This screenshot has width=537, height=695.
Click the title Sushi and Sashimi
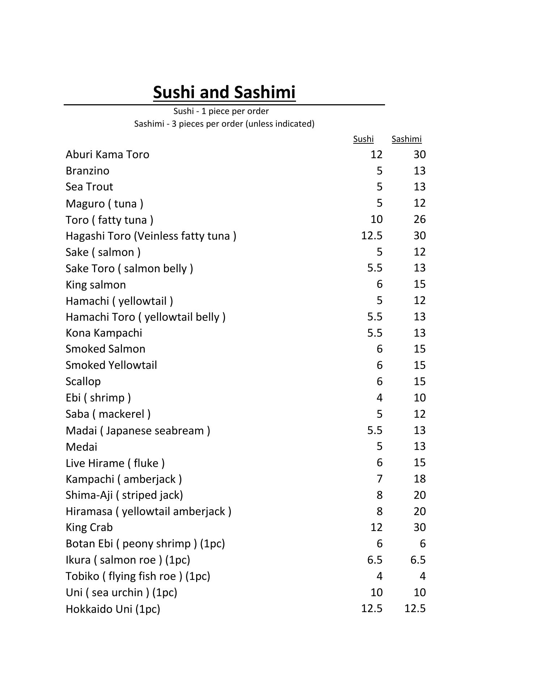[224, 92]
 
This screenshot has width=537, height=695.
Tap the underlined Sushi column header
[363, 139]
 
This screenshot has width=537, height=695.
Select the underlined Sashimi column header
[406, 139]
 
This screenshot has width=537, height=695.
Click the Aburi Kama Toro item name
[107, 155]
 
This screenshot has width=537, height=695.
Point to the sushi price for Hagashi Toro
[372, 236]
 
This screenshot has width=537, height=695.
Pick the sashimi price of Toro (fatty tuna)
[419, 219]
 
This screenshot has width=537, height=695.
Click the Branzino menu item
[88, 171]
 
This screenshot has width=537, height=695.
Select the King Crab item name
[89, 527]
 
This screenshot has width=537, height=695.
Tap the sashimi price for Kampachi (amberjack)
[419, 479]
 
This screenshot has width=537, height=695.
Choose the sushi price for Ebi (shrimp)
[379, 398]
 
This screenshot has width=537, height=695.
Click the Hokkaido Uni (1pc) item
[113, 609]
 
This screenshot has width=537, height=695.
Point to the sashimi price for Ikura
[418, 560]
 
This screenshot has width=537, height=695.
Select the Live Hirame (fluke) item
[115, 463]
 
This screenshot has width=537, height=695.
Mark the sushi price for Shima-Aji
[379, 495]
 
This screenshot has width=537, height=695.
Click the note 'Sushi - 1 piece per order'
[221, 111]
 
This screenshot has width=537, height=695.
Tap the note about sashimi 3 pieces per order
[224, 124]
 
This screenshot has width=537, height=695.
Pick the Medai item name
[81, 447]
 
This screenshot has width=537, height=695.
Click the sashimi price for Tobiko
[422, 576]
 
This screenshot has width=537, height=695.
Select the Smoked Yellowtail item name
[111, 365]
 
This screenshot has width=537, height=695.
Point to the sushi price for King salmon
[379, 284]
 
